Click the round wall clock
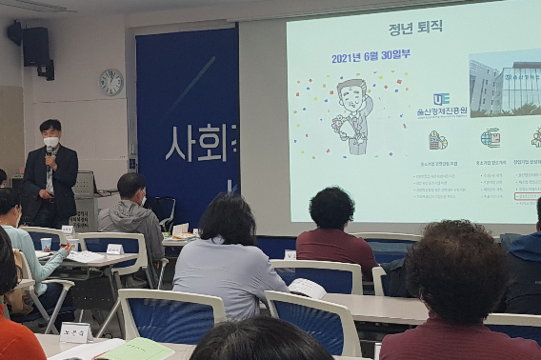click(111, 82)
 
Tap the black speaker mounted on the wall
click(35, 47)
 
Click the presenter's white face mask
click(50, 142)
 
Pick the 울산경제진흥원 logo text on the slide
click(442, 112)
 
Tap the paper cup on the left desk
click(47, 245)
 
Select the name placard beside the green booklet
click(74, 332)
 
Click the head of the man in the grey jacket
click(131, 187)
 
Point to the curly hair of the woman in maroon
click(331, 207)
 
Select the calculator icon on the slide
click(437, 140)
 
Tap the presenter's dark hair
click(50, 127)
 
